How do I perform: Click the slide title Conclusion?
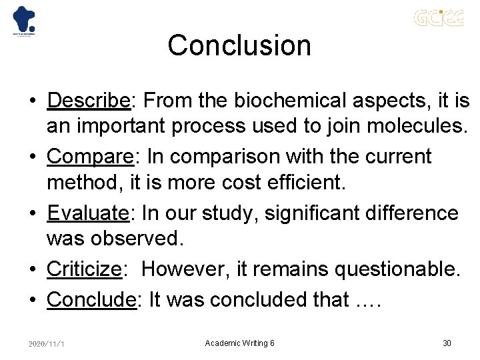click(x=239, y=45)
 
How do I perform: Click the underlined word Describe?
click(x=89, y=101)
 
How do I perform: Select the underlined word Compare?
click(x=90, y=157)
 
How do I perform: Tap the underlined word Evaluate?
click(x=87, y=213)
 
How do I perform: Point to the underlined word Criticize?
click(x=84, y=269)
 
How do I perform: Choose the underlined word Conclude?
click(x=91, y=299)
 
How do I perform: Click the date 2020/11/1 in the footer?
click(x=46, y=343)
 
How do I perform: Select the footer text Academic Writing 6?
click(x=239, y=343)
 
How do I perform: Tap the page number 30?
click(x=447, y=343)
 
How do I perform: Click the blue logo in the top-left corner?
click(x=24, y=20)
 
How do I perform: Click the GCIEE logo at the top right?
click(x=438, y=18)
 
